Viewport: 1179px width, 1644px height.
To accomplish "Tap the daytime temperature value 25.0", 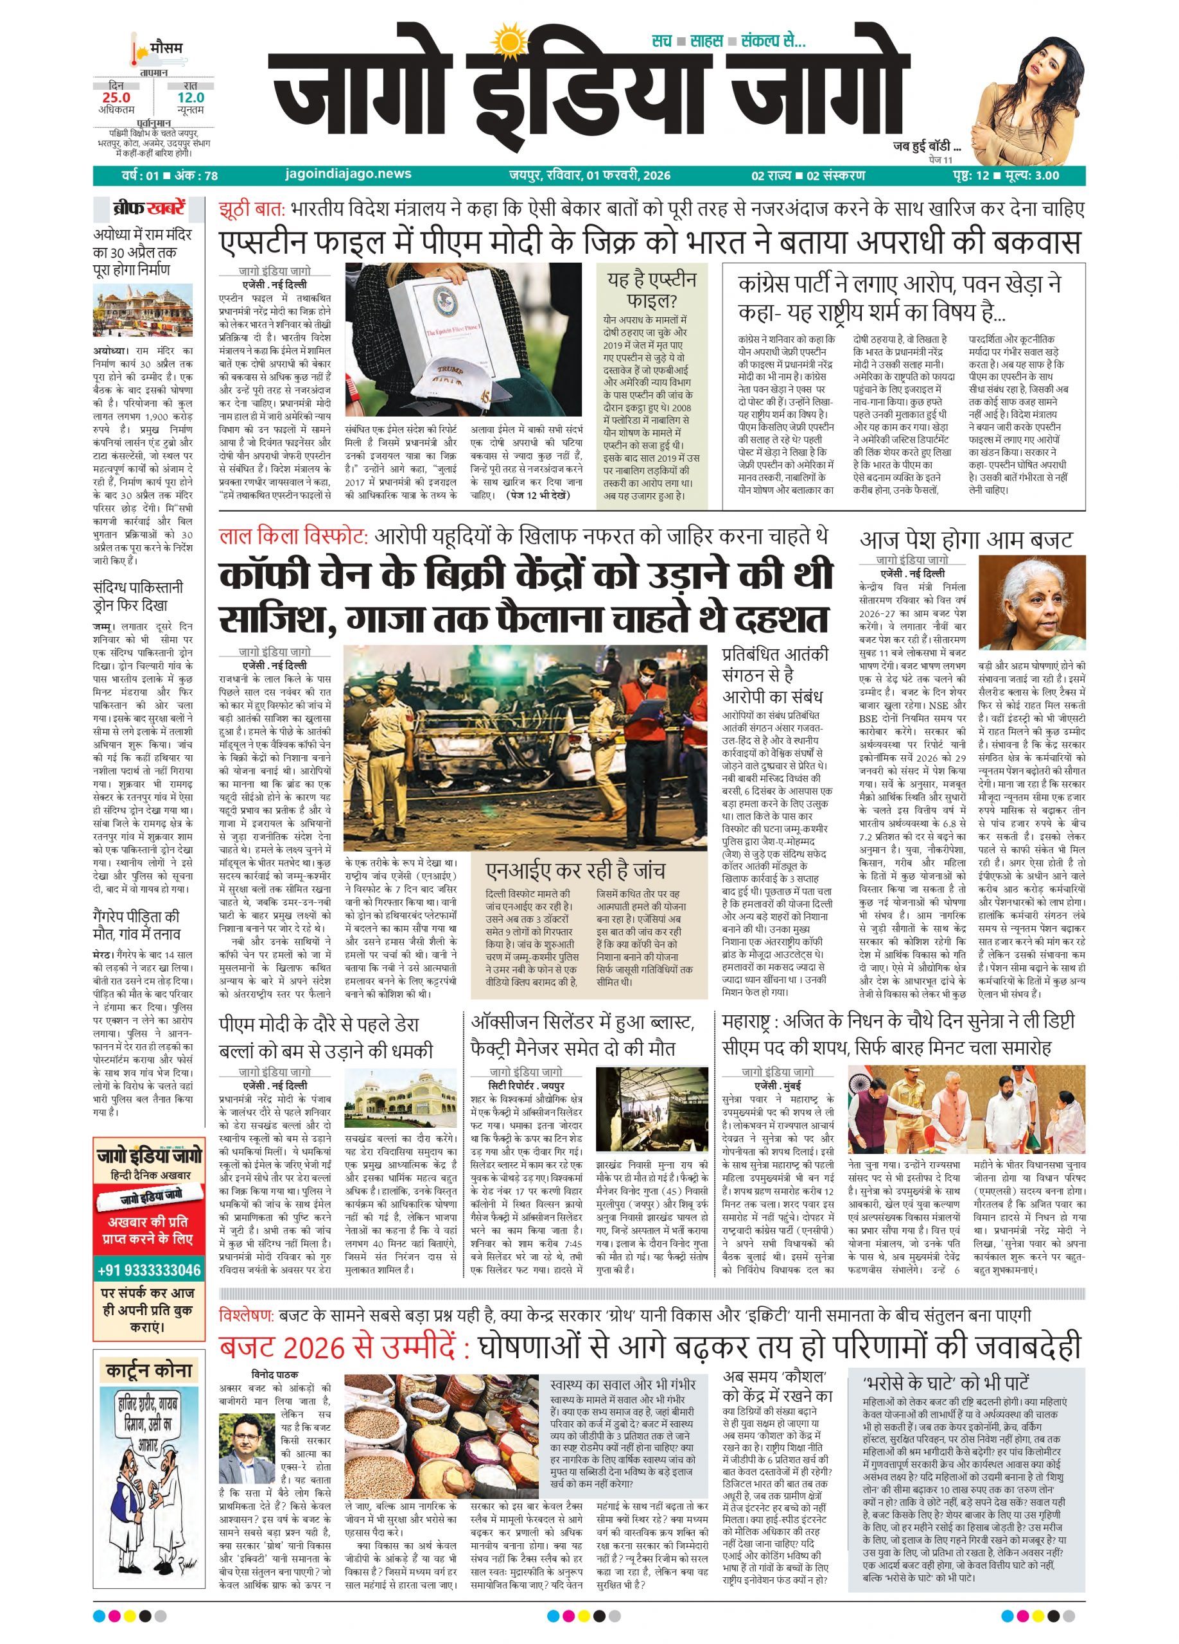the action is (117, 98).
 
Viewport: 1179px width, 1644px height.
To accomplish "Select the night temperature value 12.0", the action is (191, 98).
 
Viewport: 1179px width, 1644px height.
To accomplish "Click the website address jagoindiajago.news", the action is (349, 174).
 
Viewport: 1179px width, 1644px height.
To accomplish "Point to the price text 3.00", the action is (1044, 175).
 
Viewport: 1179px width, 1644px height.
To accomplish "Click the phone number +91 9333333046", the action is (148, 1270).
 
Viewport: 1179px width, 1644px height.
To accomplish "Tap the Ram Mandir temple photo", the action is (143, 310).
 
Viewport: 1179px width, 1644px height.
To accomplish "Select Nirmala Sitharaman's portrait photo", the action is (1031, 602).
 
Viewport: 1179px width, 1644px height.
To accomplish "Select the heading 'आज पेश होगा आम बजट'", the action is (965, 540).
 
